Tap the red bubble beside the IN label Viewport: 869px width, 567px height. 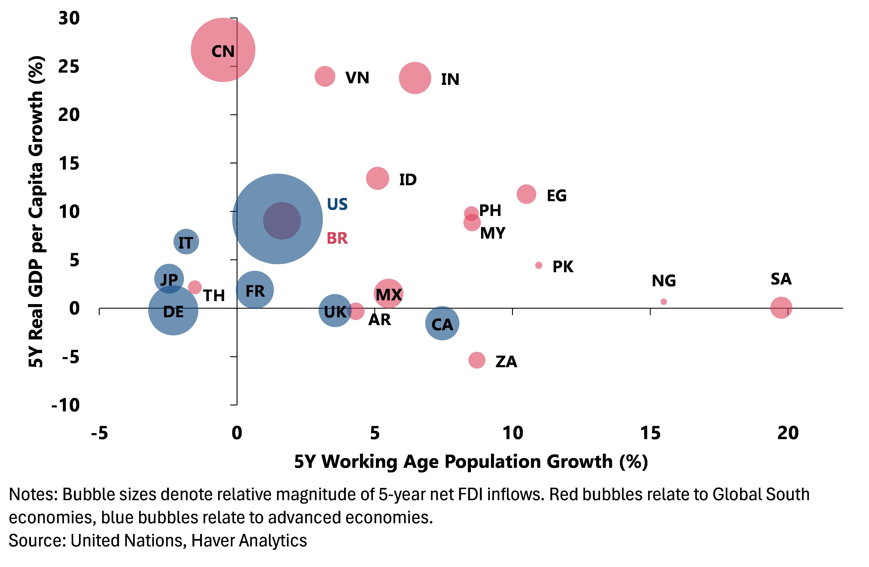(x=415, y=78)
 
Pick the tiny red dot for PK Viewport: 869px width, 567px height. (x=539, y=265)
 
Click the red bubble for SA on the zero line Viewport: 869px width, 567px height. (x=781, y=308)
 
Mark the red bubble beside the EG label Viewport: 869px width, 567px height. (x=526, y=194)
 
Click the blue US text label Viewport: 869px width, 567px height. (x=337, y=204)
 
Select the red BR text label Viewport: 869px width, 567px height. (x=337, y=238)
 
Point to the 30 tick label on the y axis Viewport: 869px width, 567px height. (x=69, y=18)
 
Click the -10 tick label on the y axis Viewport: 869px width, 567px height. (x=66, y=405)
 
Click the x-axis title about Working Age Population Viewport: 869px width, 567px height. (x=471, y=462)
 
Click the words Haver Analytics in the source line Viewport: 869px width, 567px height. (x=249, y=540)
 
